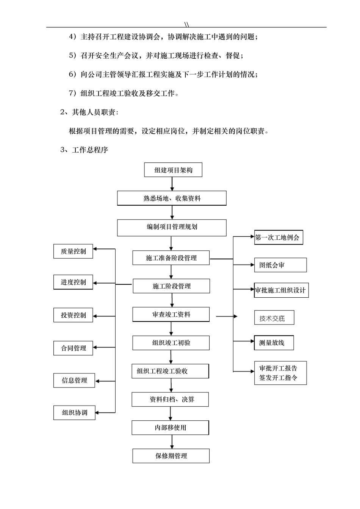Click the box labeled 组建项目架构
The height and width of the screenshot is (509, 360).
click(x=173, y=170)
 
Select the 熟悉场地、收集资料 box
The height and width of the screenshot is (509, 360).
click(x=172, y=198)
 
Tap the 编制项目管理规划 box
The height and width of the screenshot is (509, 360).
click(x=172, y=227)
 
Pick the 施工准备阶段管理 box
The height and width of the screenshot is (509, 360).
click(x=171, y=258)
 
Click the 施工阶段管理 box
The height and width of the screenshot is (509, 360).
click(x=171, y=286)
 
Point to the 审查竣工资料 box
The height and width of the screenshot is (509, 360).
click(x=171, y=314)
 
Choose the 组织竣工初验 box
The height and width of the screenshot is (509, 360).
click(x=171, y=343)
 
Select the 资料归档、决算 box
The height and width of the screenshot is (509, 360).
click(x=170, y=399)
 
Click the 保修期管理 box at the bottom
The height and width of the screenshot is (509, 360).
click(x=171, y=456)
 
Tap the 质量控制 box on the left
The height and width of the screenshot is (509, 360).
click(x=73, y=251)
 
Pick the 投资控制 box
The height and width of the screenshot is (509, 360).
click(x=73, y=315)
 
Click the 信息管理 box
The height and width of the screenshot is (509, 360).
click(x=74, y=380)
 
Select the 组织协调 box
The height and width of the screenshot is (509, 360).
click(x=74, y=412)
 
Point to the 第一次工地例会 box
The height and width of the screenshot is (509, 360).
click(x=278, y=238)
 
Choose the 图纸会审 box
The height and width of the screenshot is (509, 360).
click(x=280, y=265)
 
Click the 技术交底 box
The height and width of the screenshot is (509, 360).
click(x=274, y=318)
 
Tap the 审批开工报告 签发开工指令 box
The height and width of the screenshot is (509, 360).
click(x=280, y=373)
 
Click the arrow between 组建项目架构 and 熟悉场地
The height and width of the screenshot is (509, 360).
click(x=172, y=184)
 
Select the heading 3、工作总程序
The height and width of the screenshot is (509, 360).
click(x=84, y=150)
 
